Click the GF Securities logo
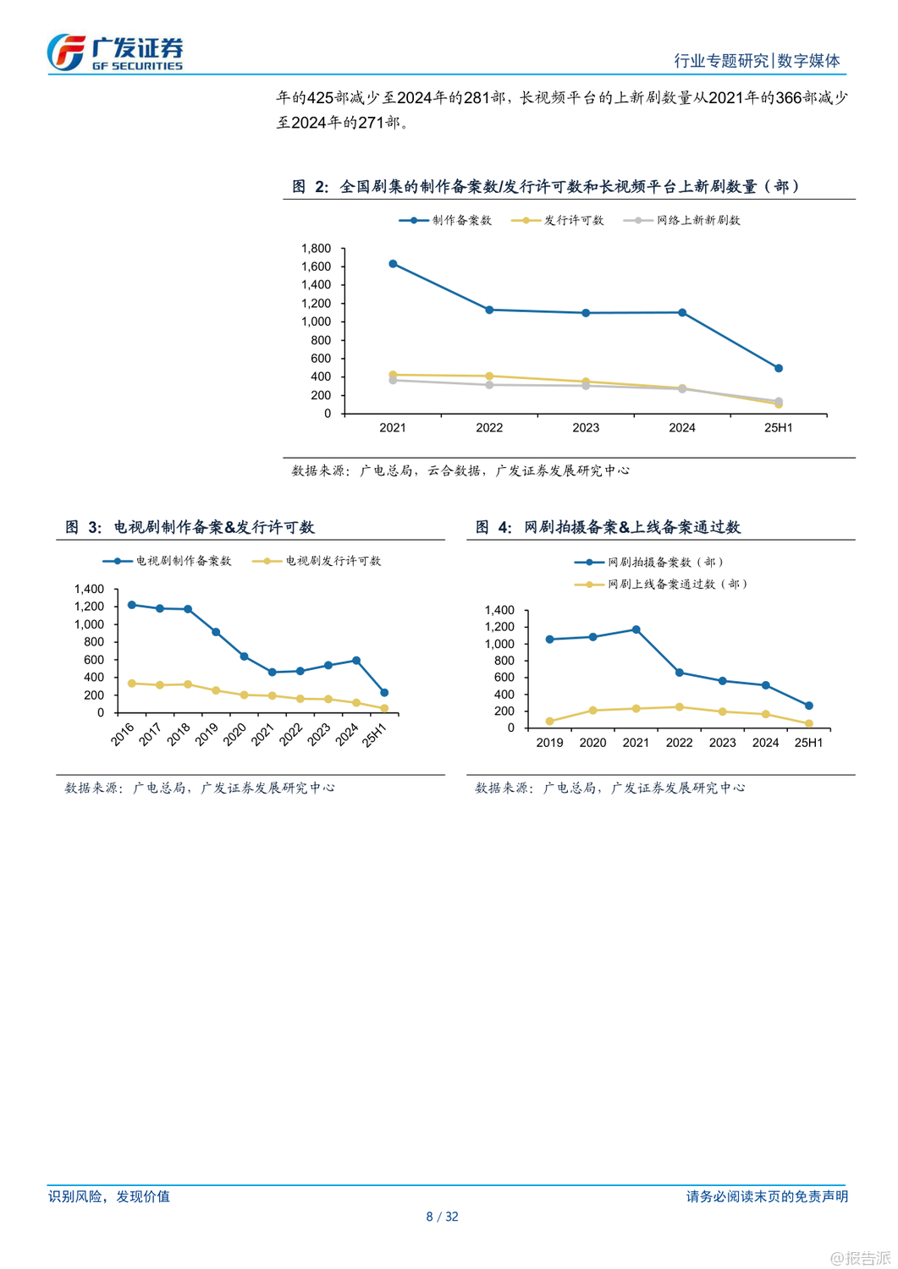tap(115, 52)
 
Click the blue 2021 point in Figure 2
tap(393, 264)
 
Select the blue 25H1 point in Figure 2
tap(779, 368)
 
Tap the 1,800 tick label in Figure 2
tap(316, 248)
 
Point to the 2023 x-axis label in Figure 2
tap(586, 428)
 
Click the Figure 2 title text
tap(546, 186)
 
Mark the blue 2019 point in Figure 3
tap(216, 632)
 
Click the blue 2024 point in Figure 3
tap(356, 661)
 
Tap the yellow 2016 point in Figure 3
tap(131, 683)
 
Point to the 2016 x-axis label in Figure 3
tap(124, 734)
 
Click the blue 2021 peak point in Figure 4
tap(636, 629)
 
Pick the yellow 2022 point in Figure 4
tap(680, 706)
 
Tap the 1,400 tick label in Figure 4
tap(499, 610)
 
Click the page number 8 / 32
tap(442, 1217)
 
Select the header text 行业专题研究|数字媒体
tap(757, 61)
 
